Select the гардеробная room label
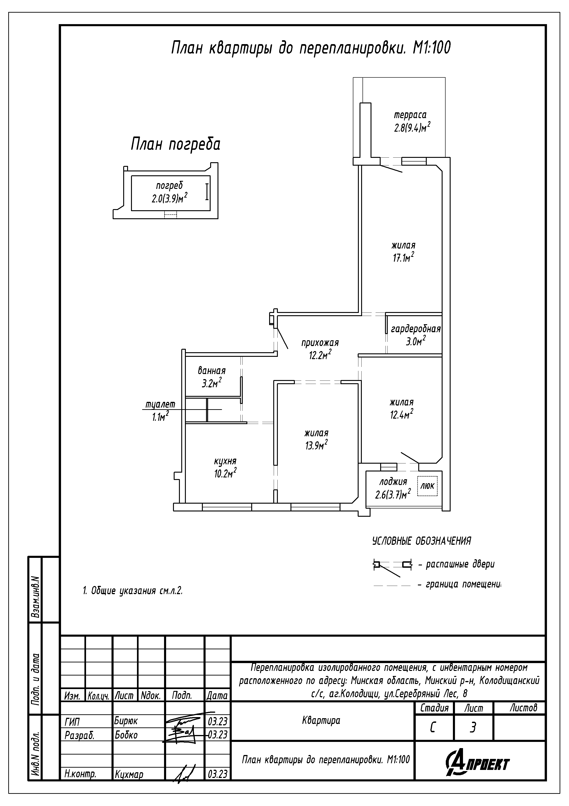coord(416,329)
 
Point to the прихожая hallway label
coord(320,342)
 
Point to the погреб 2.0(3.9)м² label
coord(169,192)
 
